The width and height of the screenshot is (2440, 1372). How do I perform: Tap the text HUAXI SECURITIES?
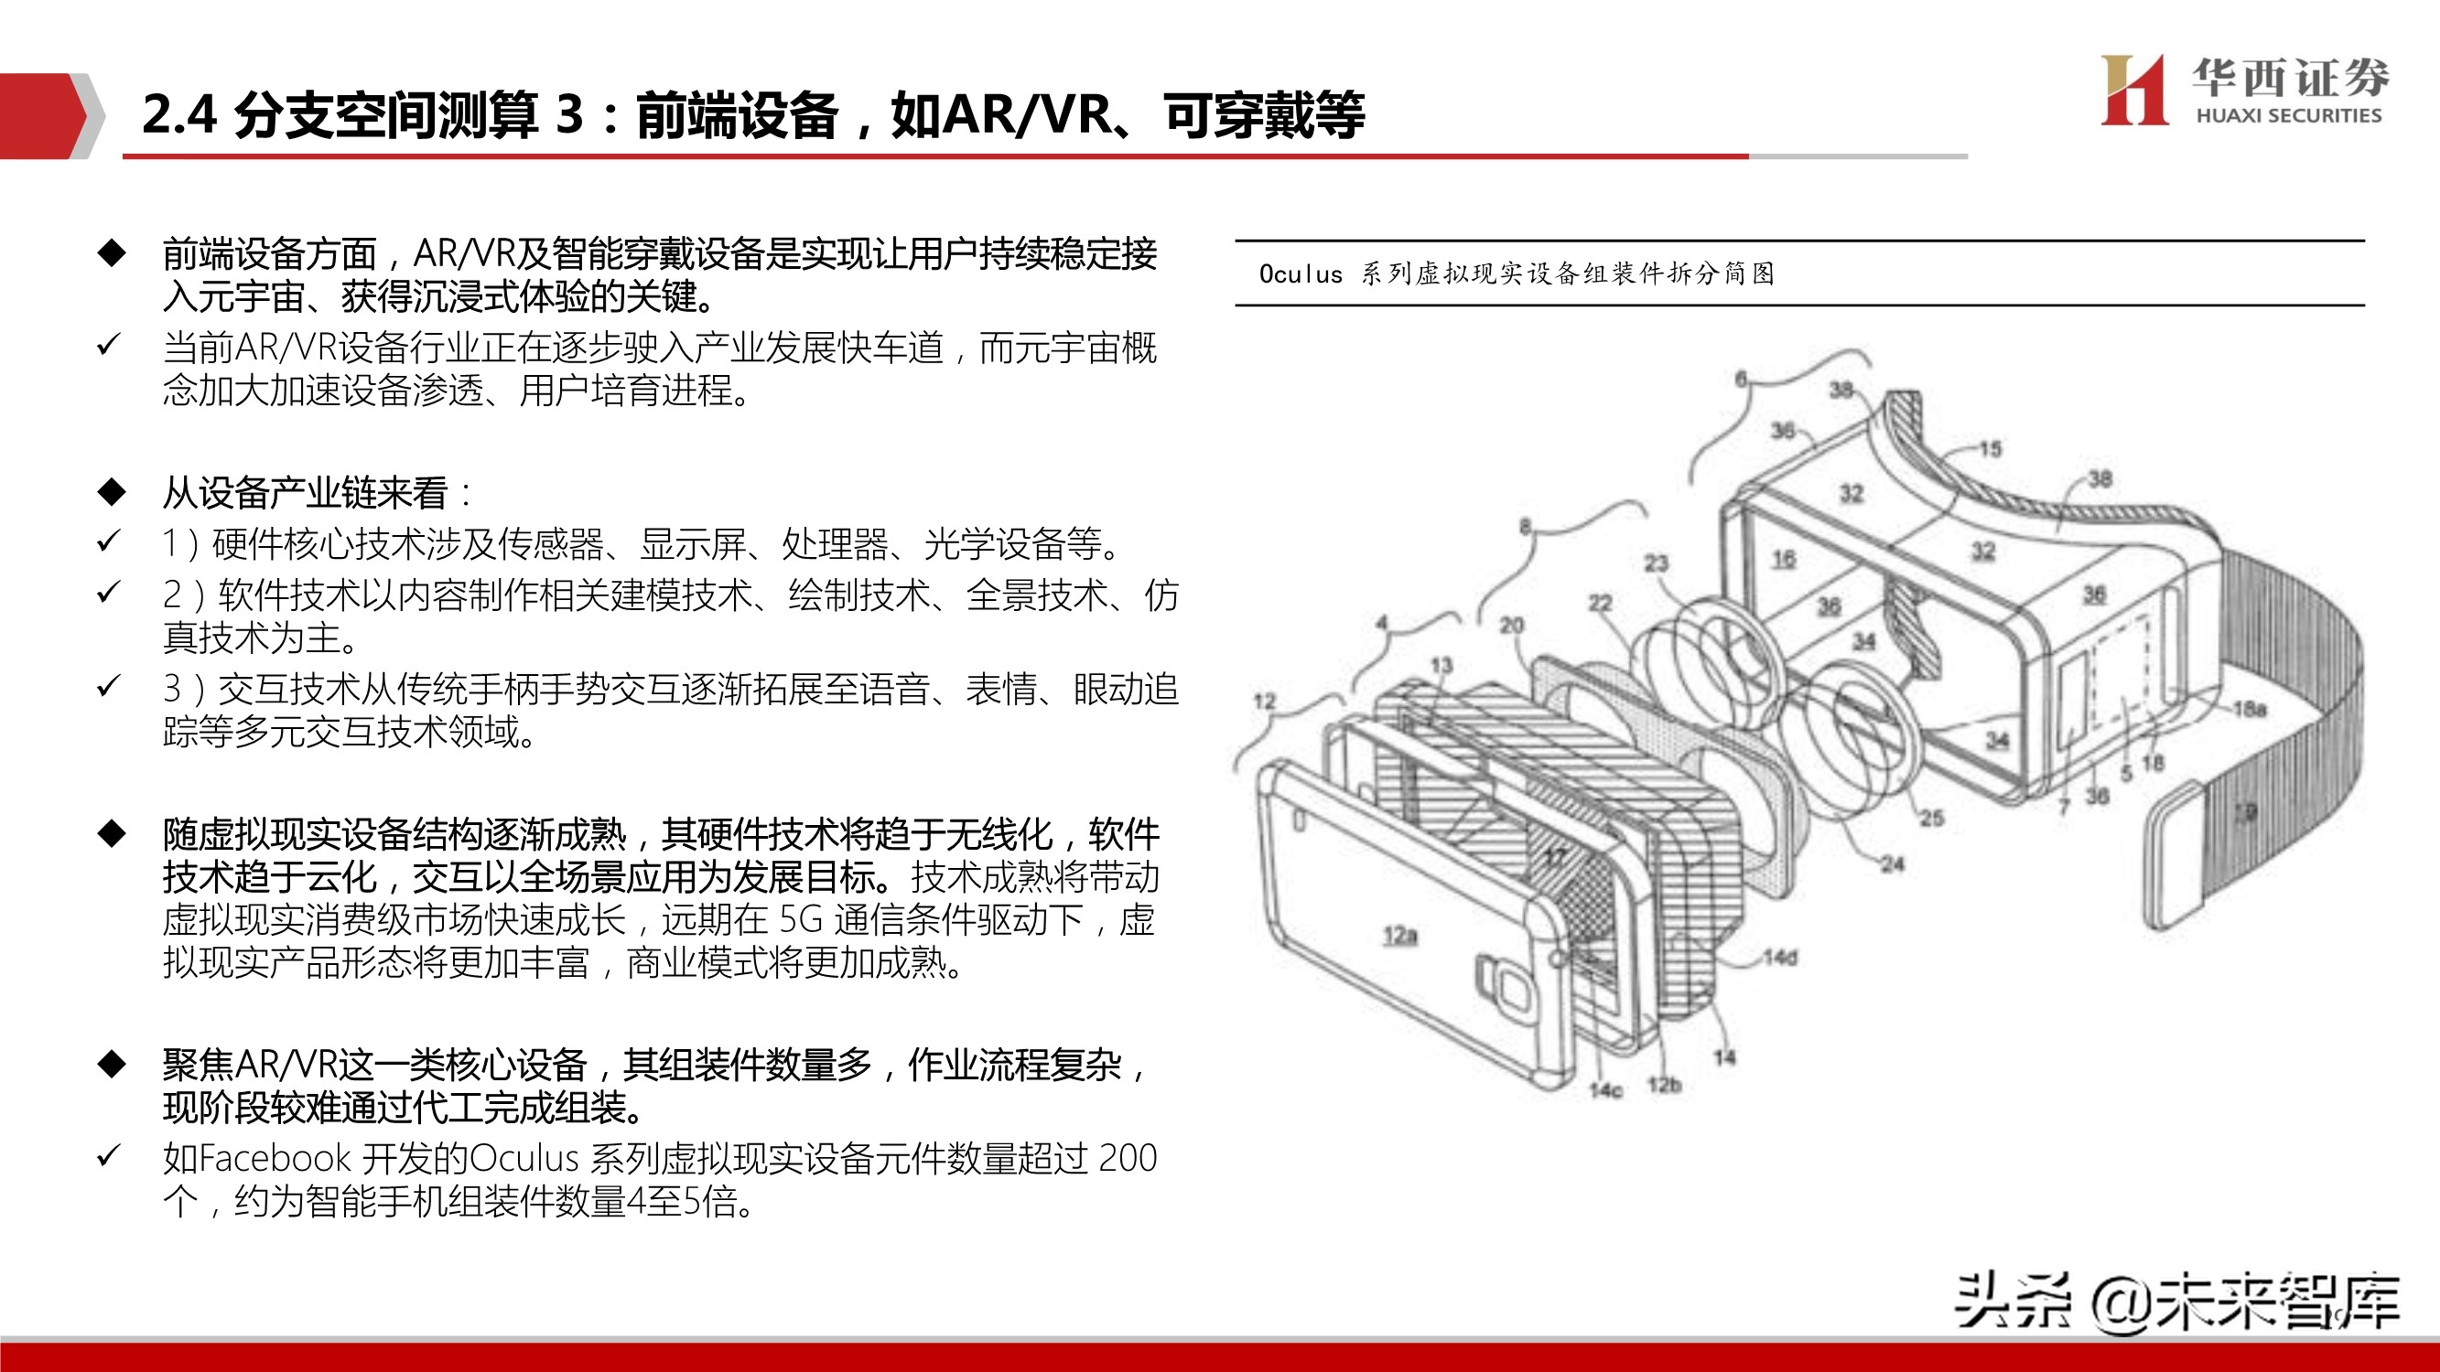(x=2288, y=115)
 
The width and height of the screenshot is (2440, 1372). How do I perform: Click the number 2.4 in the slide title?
(x=179, y=114)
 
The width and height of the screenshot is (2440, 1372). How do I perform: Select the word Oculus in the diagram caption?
(x=1301, y=273)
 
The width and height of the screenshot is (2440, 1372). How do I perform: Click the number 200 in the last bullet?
(x=1128, y=1158)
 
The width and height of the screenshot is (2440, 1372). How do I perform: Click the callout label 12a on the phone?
(x=1400, y=936)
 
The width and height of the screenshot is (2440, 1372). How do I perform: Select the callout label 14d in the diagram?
(x=1780, y=958)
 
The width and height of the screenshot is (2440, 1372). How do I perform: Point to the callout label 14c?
(x=1605, y=1090)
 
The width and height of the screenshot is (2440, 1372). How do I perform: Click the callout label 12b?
(x=1664, y=1084)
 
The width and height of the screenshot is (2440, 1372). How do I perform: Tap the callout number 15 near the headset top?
(x=1990, y=448)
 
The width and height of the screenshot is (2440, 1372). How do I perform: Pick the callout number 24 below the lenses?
(x=1892, y=863)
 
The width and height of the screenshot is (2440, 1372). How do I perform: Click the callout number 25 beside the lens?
(x=1931, y=817)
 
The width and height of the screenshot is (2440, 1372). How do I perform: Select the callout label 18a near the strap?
(x=2250, y=708)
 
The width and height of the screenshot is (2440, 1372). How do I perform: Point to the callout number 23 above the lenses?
(x=1656, y=563)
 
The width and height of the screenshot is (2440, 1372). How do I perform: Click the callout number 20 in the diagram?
(x=1512, y=625)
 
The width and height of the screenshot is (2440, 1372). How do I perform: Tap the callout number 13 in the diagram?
(x=1441, y=665)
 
